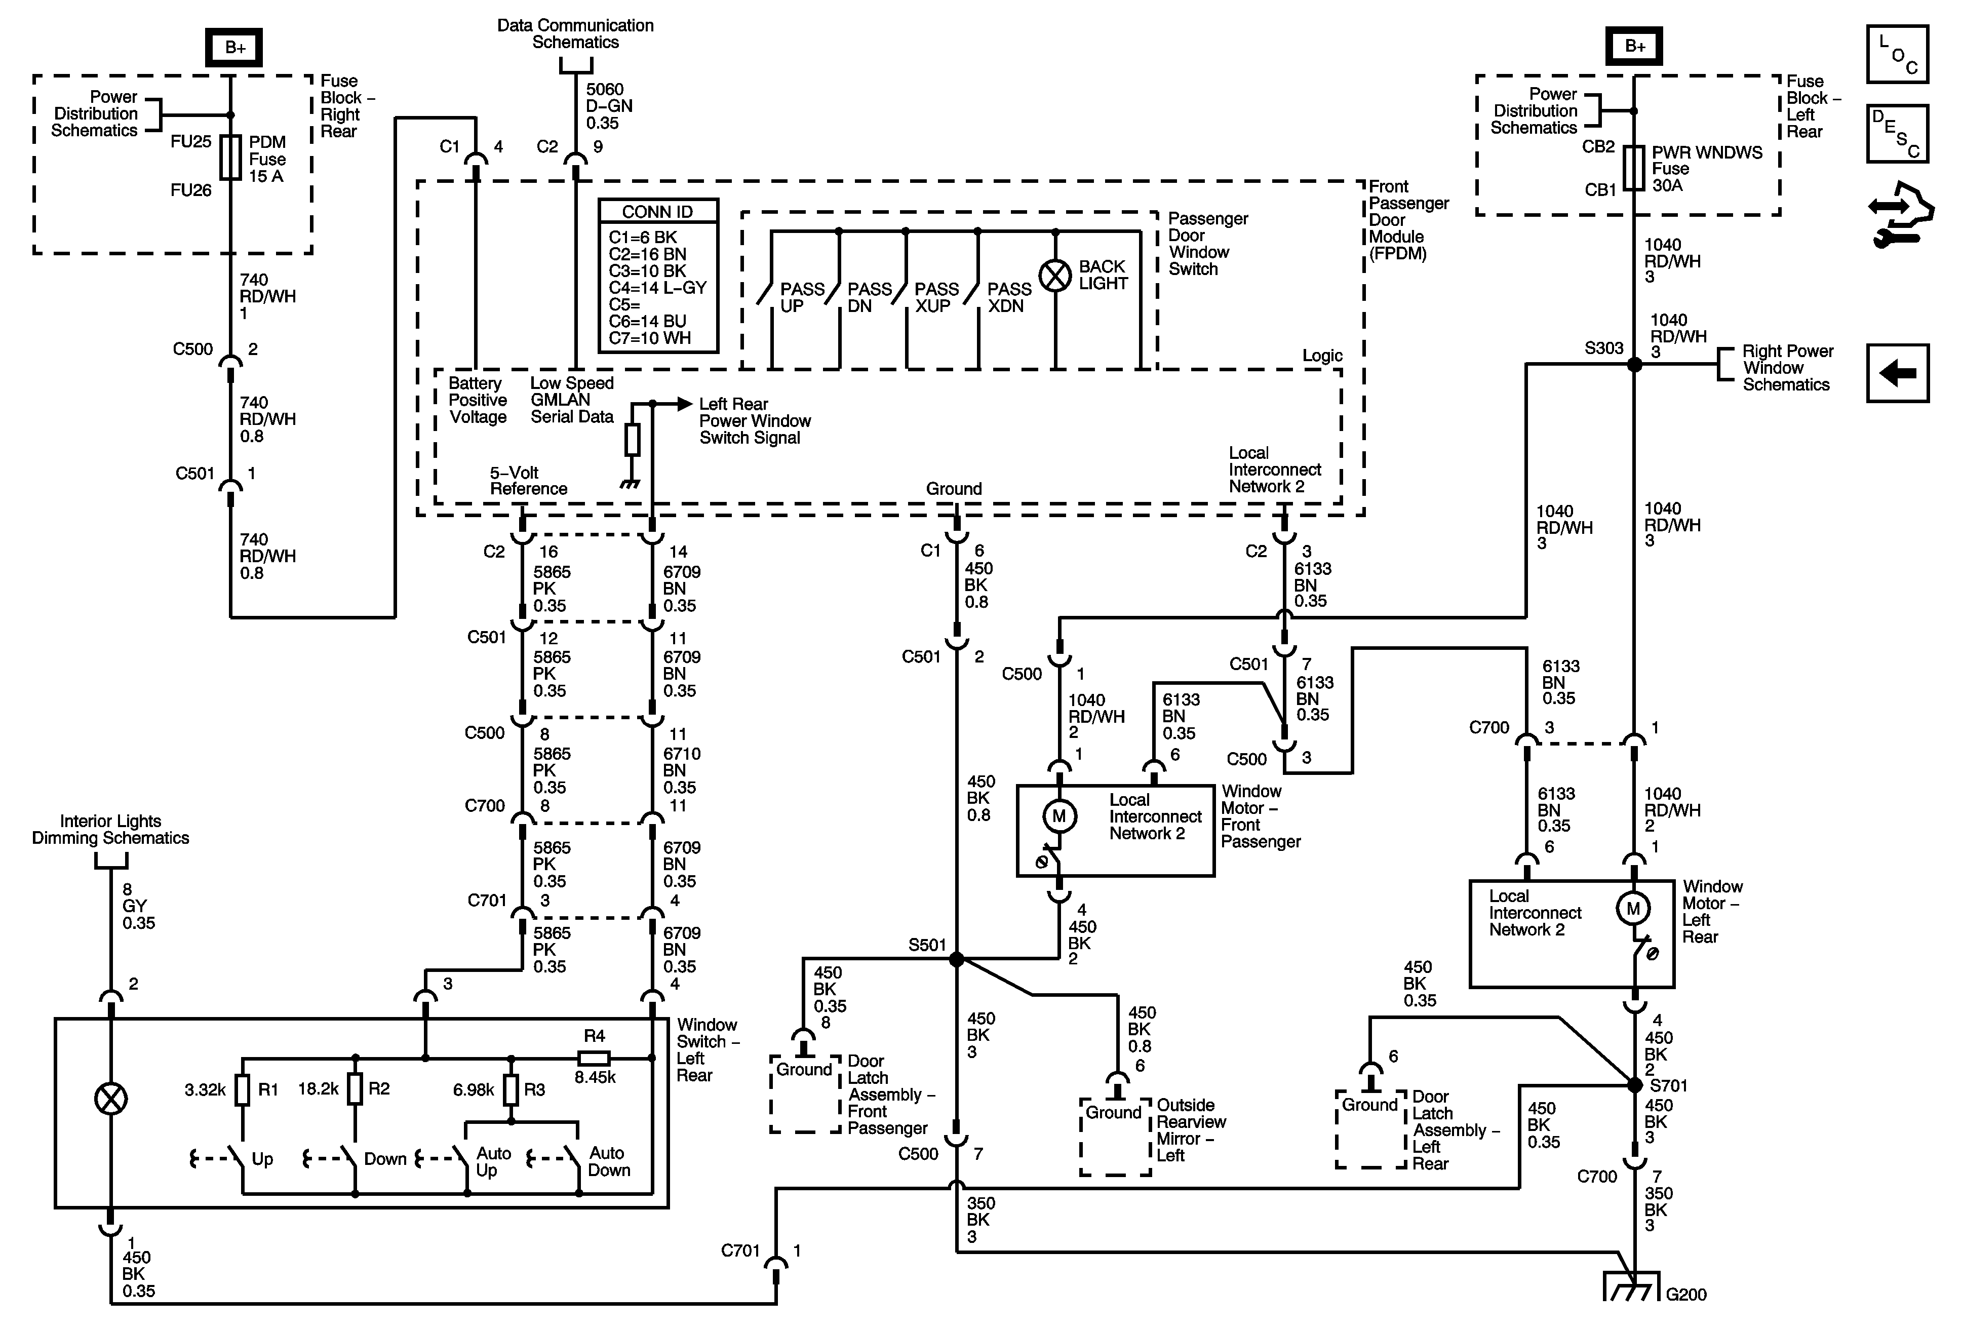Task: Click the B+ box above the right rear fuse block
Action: tap(234, 47)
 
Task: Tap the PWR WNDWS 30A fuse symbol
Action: tap(1634, 168)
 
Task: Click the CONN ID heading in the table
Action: tap(658, 212)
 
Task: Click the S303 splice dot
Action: tap(1634, 365)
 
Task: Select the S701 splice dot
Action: tap(1634, 1085)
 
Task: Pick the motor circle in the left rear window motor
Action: tap(1633, 909)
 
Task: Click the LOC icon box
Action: tap(1897, 54)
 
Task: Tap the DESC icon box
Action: tap(1897, 133)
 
